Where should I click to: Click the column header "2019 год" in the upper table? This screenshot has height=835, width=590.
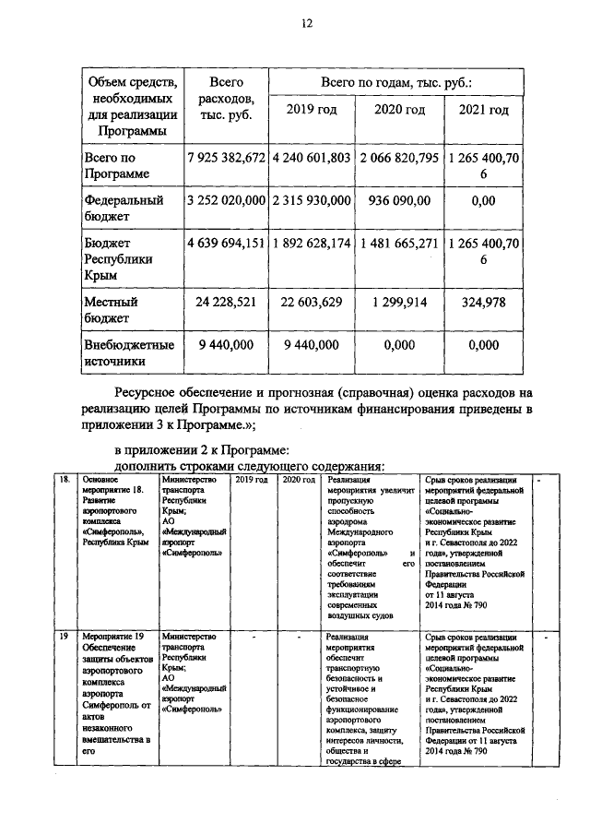pos(312,110)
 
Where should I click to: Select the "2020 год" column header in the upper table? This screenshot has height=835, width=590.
pos(399,110)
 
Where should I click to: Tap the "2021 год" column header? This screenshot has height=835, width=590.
pos(484,110)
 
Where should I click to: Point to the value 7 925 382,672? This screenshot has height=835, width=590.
pos(226,158)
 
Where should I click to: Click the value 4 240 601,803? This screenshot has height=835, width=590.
pos(312,158)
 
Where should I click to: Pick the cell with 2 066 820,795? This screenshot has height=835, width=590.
pos(399,158)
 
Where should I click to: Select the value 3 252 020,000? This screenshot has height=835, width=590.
pos(226,199)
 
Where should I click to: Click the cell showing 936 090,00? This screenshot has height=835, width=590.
pos(399,199)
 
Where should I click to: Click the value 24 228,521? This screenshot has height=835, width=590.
pos(226,302)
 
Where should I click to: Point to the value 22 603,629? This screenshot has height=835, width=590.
pos(312,302)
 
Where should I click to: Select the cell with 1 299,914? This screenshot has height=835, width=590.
pos(399,302)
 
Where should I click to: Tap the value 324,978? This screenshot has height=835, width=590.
pos(484,302)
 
